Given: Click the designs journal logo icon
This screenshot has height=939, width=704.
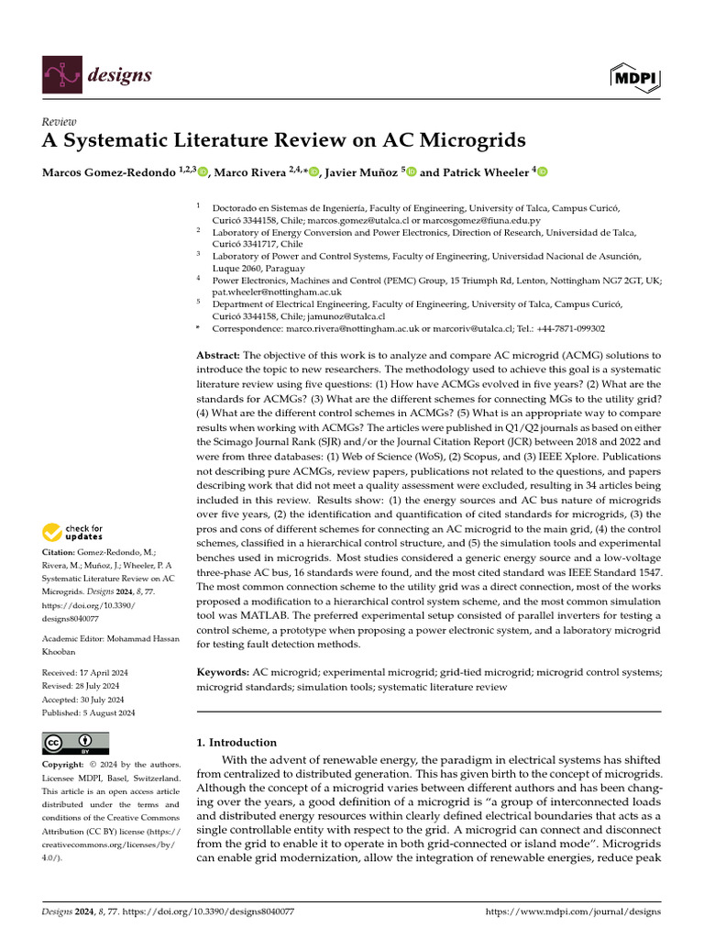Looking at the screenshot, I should point(60,75).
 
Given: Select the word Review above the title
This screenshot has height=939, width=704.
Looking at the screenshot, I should point(60,122).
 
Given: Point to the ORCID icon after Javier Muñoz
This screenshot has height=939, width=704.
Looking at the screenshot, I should point(412,171).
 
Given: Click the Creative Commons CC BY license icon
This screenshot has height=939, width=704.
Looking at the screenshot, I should point(75,743).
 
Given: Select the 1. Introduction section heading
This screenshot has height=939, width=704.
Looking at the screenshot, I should point(237,742).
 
